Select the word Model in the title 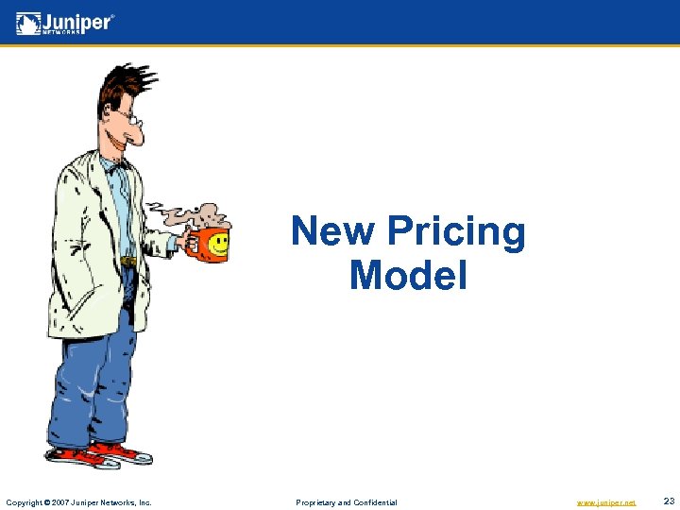coord(408,276)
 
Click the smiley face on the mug coord(218,244)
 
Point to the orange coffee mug coord(208,244)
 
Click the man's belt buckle coord(128,261)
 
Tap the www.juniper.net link coord(605,502)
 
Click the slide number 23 coord(669,501)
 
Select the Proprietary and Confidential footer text coord(347,502)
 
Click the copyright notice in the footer coord(79,502)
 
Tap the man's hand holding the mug coord(180,243)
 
